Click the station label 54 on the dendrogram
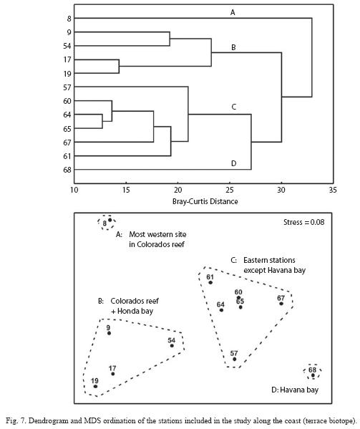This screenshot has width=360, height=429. [x=67, y=46]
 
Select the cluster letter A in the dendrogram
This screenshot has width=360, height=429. [x=233, y=12]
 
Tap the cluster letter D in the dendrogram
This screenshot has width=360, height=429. [x=233, y=163]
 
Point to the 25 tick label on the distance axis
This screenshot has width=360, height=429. [x=230, y=190]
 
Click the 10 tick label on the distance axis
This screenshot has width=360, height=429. [x=74, y=190]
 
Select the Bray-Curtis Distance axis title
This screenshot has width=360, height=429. [x=205, y=202]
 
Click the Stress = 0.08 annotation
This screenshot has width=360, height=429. [x=304, y=222]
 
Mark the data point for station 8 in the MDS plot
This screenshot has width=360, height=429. [x=110, y=220]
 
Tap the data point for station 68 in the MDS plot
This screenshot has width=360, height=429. [x=313, y=375]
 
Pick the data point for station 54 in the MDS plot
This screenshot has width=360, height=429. [x=172, y=346]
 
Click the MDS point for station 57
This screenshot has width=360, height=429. [x=234, y=359]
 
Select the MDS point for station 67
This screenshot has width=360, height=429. [x=281, y=304]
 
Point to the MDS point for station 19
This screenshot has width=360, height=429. [x=95, y=386]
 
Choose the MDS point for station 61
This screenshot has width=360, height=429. [x=210, y=282]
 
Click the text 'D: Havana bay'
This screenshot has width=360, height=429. [x=295, y=390]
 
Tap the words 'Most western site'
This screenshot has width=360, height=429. [x=157, y=234]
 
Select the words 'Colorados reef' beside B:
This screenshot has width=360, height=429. [x=135, y=301]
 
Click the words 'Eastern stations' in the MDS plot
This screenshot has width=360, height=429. [x=269, y=260]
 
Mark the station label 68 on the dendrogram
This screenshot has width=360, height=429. [x=67, y=170]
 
